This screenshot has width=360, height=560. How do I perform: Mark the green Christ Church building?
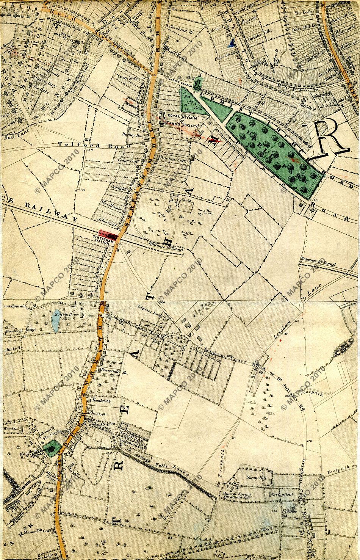197,83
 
